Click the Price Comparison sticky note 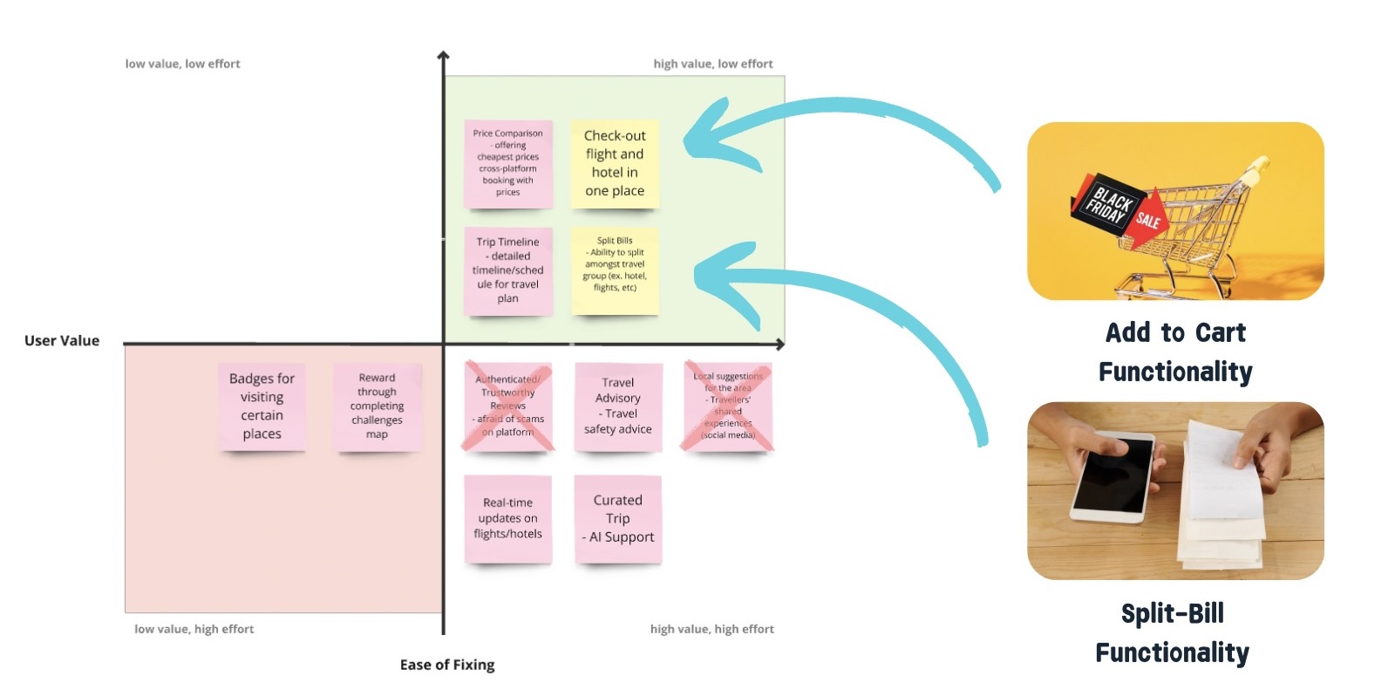point(508,163)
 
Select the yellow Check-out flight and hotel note point(615,163)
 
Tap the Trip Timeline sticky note point(508,270)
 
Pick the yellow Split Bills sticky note point(615,270)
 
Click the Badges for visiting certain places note point(262,406)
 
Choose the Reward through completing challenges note point(377,406)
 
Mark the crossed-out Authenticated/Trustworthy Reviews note point(508,406)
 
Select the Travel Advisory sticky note point(618,406)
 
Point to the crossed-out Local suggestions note point(728,406)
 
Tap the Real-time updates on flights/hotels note point(508,518)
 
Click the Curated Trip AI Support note point(618,518)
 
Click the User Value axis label point(62,341)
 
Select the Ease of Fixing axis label point(447,665)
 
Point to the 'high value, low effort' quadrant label point(713,64)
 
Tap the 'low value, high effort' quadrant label point(194,629)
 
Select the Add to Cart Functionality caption point(1175,352)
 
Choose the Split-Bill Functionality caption point(1172,632)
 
